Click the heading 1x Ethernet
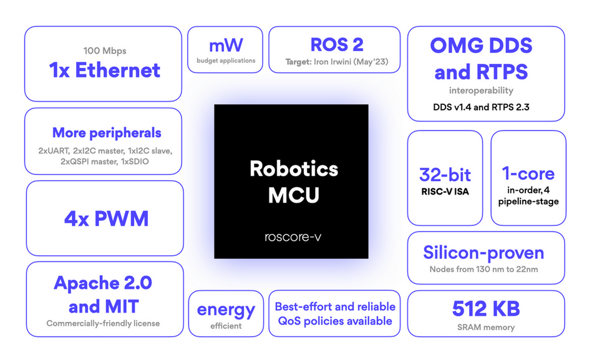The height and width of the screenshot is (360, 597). pyautogui.click(x=104, y=70)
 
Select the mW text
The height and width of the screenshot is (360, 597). pyautogui.click(x=226, y=45)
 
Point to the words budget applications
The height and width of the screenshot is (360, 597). pyautogui.click(x=226, y=61)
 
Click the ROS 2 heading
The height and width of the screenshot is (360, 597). pyautogui.click(x=336, y=44)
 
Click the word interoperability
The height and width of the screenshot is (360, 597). pyautogui.click(x=481, y=90)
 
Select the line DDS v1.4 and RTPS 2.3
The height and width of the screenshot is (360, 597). pyautogui.click(x=481, y=107)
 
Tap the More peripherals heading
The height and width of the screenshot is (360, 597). pyautogui.click(x=107, y=132)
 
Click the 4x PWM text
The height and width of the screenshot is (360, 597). pyautogui.click(x=106, y=219)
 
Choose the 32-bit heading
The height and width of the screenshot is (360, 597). pyautogui.click(x=445, y=175)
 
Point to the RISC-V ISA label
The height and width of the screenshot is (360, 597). pyautogui.click(x=445, y=192)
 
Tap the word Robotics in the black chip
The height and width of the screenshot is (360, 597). pyautogui.click(x=294, y=168)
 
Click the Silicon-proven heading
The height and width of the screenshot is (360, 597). pyautogui.click(x=483, y=253)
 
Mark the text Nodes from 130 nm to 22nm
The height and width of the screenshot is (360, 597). pyautogui.click(x=483, y=270)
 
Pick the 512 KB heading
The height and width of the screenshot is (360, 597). pyautogui.click(x=485, y=308)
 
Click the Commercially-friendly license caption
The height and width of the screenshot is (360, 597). pyautogui.click(x=103, y=323)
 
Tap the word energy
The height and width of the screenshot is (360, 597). pyautogui.click(x=226, y=309)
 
